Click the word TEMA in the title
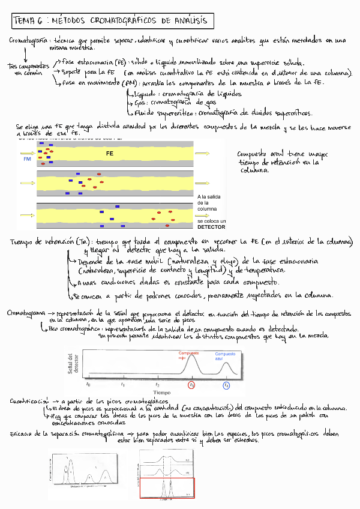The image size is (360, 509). [x=23, y=21]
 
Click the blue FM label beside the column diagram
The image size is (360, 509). [x=27, y=160]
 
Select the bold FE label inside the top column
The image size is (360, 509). [x=110, y=154]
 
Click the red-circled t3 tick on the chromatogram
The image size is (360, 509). [x=192, y=385]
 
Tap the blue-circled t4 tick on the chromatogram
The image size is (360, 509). [x=226, y=385]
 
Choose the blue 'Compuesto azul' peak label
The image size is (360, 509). [x=225, y=356]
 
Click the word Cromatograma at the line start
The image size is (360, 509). [x=28, y=313]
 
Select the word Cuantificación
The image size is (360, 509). [x=29, y=400]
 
